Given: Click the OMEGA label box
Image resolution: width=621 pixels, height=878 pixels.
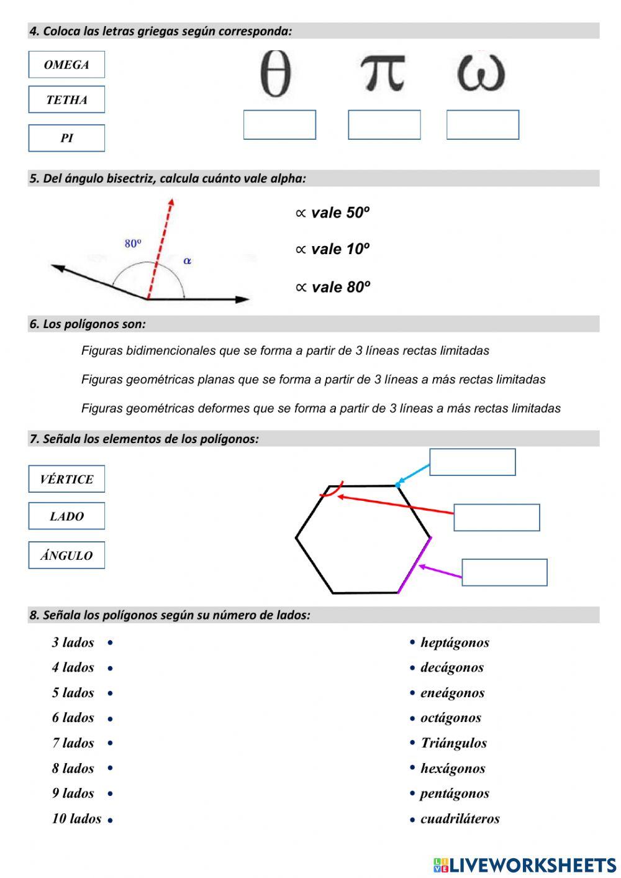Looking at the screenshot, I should click(x=66, y=65).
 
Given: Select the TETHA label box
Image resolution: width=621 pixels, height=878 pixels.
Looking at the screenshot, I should click(x=66, y=99).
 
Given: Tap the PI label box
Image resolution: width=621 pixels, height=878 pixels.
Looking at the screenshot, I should click(x=66, y=138).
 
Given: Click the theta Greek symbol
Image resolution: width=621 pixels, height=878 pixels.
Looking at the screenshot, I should click(x=275, y=74).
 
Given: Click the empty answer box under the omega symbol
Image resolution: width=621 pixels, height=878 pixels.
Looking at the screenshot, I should click(x=483, y=125).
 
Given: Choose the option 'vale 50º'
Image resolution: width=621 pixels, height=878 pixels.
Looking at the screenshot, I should click(x=333, y=213).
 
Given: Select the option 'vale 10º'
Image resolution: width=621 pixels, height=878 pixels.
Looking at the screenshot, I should click(x=333, y=249).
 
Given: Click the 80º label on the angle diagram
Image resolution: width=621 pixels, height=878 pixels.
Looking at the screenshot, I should click(x=133, y=244).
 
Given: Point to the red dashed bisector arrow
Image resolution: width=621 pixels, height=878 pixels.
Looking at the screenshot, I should click(x=160, y=249).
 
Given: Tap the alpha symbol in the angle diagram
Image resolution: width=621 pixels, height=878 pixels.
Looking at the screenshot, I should click(x=187, y=261).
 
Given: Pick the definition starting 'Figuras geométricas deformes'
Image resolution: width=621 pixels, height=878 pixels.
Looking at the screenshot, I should click(x=320, y=408).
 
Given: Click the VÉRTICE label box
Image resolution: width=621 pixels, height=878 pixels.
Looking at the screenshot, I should click(x=66, y=479).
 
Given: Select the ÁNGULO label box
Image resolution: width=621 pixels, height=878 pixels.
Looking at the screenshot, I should click(x=66, y=556).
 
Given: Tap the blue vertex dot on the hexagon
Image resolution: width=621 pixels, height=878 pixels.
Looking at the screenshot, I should click(x=397, y=485).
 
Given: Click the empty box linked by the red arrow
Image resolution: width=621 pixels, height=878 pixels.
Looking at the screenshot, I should click(x=496, y=518).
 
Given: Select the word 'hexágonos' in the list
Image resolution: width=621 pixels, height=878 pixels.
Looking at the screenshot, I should click(x=453, y=769).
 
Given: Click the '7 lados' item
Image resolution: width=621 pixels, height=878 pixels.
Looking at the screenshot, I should click(x=73, y=743).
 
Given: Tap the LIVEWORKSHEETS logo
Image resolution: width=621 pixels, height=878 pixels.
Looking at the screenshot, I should click(x=525, y=865).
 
